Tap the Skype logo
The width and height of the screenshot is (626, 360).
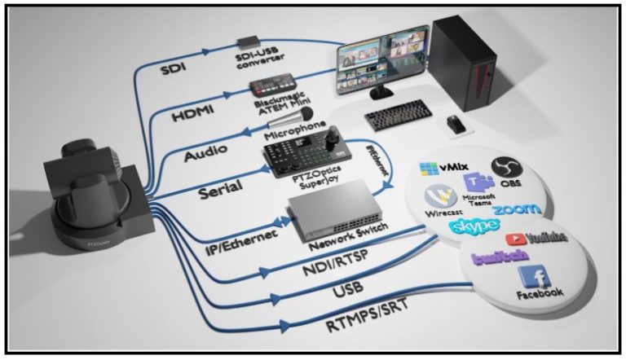[x=474, y=223]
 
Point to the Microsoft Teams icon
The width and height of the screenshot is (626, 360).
[x=474, y=183]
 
